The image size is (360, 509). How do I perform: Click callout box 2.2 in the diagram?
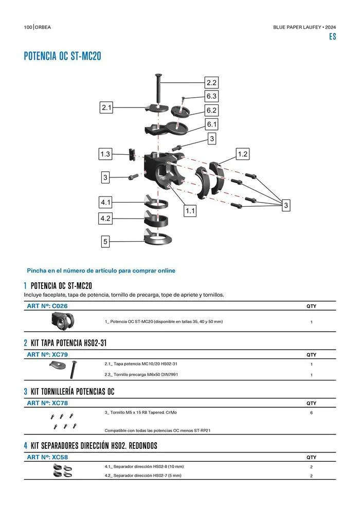point(211,83)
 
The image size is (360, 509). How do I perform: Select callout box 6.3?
point(211,96)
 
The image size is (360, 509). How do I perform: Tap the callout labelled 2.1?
point(106,107)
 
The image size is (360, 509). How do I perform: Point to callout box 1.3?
point(105,154)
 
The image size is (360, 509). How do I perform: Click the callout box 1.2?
point(243,154)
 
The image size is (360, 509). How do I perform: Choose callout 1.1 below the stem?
point(190,211)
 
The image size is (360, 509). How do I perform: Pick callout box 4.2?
point(105,219)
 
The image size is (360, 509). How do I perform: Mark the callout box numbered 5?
point(105,242)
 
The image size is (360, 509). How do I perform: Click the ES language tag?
point(332,37)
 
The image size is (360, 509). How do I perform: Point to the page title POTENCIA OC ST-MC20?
point(62,57)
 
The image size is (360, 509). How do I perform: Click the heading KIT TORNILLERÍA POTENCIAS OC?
point(73,392)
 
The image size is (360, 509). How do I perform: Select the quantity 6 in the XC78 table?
point(311,413)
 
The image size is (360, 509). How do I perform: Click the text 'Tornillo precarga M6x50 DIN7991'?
point(141,375)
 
